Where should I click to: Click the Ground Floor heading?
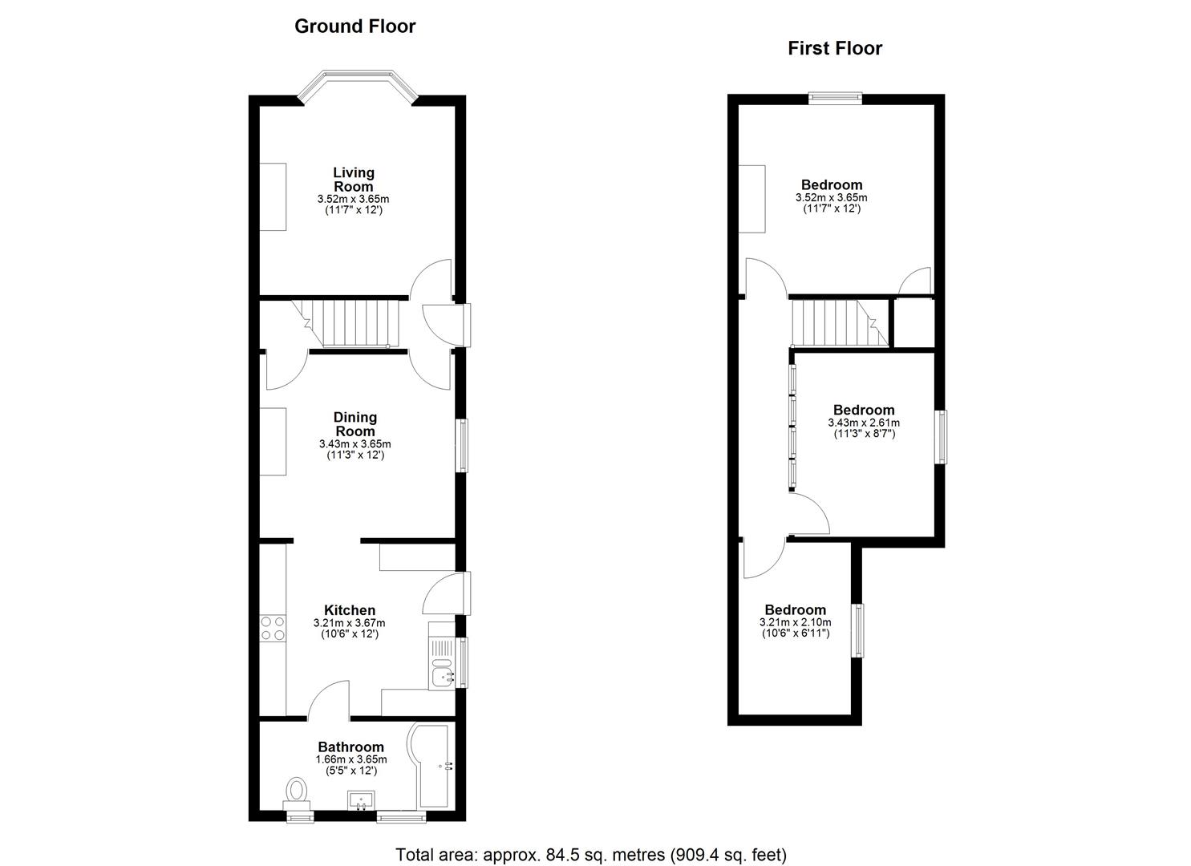pos(354,26)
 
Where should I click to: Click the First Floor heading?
pos(834,48)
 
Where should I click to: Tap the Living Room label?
pos(354,180)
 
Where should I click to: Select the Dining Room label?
pos(354,424)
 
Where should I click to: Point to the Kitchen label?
pos(349,610)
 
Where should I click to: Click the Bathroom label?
pos(350,747)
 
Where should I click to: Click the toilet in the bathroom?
pos(297,791)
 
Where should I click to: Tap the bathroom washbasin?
pos(362,799)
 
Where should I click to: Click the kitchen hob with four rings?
pos(273,628)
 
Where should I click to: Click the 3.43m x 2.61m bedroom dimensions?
pos(863,423)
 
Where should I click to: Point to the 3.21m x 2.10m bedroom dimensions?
pos(794,622)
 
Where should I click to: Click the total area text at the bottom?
pos(591,855)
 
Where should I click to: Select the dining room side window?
pos(462,445)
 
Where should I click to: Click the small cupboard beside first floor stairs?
pos(914,323)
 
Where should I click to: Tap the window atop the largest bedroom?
pos(835,98)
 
